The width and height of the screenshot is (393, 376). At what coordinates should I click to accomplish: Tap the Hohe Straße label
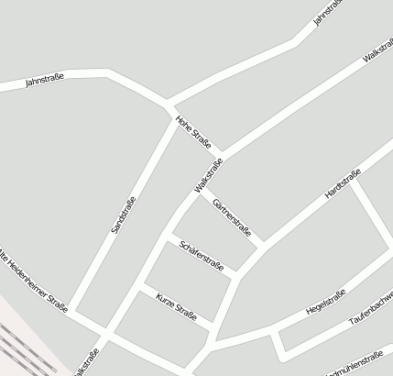tap(194, 130)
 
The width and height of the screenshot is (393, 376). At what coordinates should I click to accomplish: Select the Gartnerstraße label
tap(231, 216)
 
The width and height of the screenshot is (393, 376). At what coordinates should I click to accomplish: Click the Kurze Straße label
tap(177, 304)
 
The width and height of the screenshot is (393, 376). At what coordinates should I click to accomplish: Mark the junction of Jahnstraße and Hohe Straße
tap(167, 102)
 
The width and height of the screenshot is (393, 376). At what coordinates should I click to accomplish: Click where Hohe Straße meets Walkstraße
tap(221, 154)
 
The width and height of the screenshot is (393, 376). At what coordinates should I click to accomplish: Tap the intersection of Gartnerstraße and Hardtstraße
tap(263, 245)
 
